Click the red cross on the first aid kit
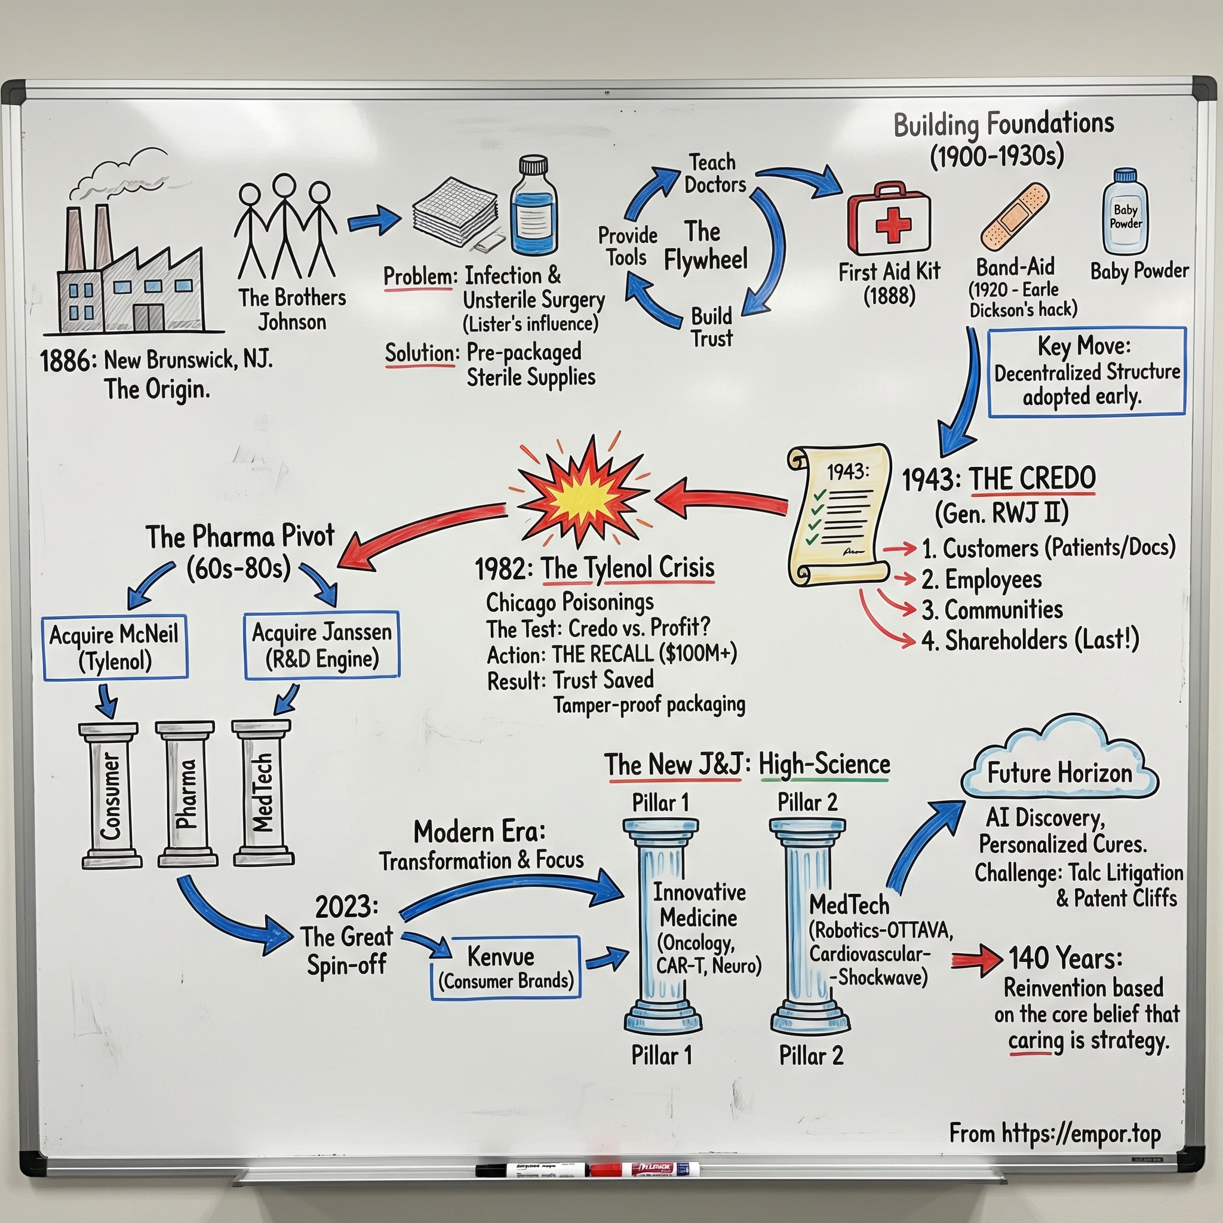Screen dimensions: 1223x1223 [x=892, y=225]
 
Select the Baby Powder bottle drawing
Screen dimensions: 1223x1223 [x=1126, y=213]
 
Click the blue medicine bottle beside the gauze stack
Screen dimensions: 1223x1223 [x=534, y=209]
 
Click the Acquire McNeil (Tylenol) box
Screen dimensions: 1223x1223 [x=115, y=647]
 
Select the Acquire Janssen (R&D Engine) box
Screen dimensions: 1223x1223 [x=322, y=645]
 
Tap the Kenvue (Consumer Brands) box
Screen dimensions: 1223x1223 [x=505, y=967]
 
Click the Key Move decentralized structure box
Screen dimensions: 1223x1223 [x=1086, y=371]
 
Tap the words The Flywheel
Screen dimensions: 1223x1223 [x=705, y=245]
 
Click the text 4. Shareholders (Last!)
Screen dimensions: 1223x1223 [x=1030, y=641]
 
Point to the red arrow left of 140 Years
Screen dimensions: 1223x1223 [x=976, y=960]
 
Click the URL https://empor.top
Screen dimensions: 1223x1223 [x=1055, y=1133]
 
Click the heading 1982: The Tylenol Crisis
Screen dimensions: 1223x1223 [x=594, y=569]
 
